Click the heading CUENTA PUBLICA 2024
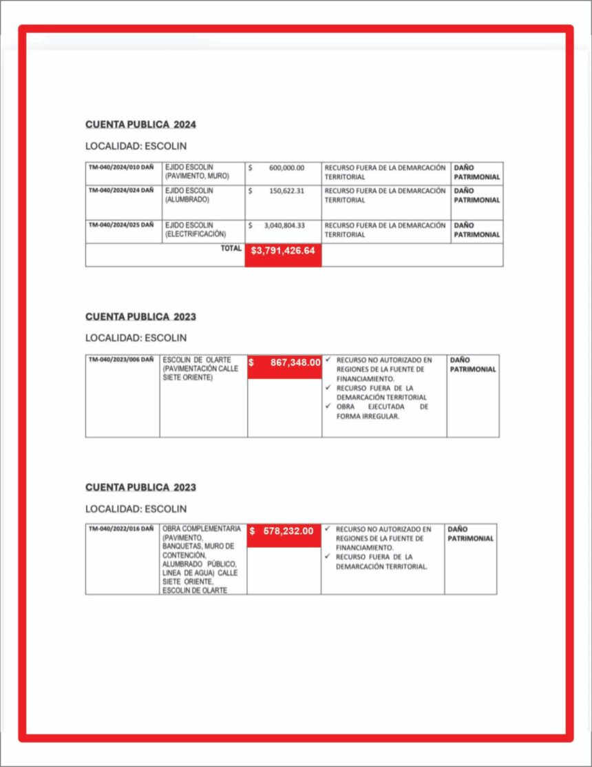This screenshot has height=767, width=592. point(140,125)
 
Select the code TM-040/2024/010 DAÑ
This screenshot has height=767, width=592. point(120,167)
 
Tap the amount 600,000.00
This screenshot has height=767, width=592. point(286,167)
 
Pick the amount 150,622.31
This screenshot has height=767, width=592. point(286,190)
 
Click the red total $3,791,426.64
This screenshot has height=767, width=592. point(283,251)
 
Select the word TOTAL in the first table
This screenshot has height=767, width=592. point(231,249)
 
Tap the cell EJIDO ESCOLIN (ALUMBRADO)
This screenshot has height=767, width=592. point(189,195)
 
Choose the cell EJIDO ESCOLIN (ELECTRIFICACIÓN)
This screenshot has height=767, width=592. point(195,230)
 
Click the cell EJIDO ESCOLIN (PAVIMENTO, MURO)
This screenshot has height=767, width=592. point(196,172)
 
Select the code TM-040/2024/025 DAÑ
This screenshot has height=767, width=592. point(120,225)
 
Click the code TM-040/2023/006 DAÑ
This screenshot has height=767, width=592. point(120,360)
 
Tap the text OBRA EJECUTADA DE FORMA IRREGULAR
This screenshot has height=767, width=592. point(382,411)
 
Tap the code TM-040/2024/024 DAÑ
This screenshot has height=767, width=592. point(120,190)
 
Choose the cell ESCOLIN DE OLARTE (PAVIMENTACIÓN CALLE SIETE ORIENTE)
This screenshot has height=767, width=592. point(197,369)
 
